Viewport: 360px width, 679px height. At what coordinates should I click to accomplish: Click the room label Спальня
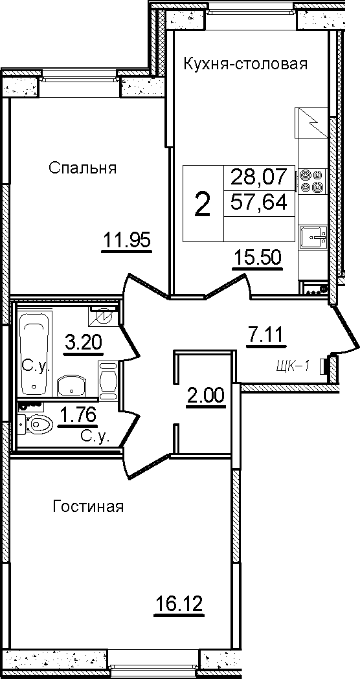[x=82, y=168]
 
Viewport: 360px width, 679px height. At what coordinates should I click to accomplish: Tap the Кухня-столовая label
[x=245, y=64]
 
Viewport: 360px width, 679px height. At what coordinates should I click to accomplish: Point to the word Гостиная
[x=88, y=506]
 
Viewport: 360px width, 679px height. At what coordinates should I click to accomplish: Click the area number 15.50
[x=257, y=258]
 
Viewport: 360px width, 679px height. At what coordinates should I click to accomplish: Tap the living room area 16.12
[x=179, y=603]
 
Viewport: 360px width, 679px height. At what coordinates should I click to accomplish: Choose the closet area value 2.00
[x=206, y=395]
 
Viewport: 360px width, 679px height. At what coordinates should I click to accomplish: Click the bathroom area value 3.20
[x=83, y=343]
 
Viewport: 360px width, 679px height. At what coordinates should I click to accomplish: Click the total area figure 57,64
[x=259, y=201]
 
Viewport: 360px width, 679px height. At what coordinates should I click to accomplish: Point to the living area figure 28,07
[x=259, y=176]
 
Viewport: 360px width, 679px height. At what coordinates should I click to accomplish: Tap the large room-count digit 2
[x=203, y=204]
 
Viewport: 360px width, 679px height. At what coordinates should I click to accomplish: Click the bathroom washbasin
[x=72, y=384]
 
